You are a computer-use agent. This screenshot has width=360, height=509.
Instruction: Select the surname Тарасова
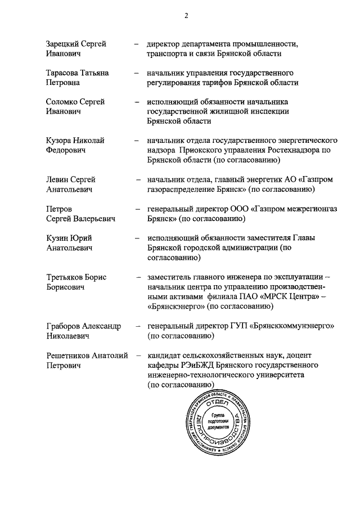[x=62, y=73]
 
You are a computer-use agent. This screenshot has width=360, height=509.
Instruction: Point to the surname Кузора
[x=59, y=141]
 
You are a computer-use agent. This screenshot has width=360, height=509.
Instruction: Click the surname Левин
[x=58, y=179]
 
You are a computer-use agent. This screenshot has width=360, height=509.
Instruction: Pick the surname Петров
[x=59, y=209]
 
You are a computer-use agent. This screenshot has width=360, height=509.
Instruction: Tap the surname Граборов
[x=65, y=326]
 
